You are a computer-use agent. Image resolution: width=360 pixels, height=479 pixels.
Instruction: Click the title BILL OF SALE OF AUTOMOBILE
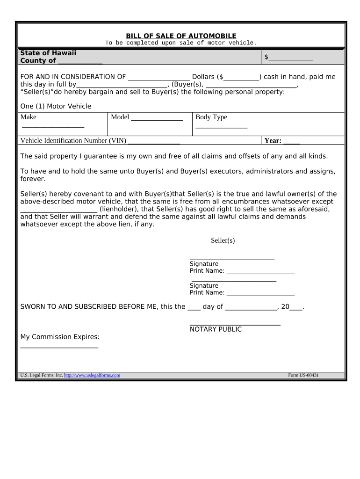181,36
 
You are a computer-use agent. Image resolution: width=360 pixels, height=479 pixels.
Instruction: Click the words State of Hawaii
48,53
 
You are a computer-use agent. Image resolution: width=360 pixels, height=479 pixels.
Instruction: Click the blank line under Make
53,126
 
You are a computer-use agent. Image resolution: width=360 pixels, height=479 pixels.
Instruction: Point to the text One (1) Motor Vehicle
56,106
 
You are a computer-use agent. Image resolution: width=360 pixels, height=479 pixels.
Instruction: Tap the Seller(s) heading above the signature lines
223,240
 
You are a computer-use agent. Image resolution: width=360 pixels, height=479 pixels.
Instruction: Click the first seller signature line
232,258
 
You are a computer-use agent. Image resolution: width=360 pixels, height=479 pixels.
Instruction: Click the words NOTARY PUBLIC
216,329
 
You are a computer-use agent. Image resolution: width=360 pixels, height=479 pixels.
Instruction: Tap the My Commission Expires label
60,337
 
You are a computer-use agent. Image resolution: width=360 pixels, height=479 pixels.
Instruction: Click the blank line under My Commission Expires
59,347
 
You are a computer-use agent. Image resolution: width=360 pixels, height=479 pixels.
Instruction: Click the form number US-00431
303,375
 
